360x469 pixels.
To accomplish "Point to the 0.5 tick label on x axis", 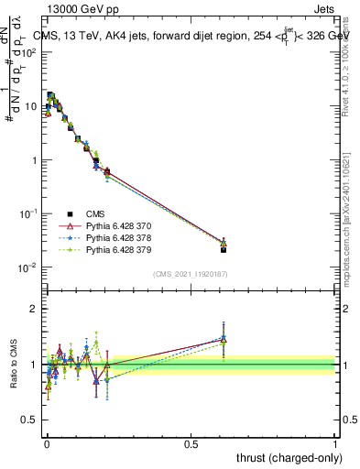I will pyautogui.click(x=191, y=443).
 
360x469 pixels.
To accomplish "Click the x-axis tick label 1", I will pyautogui.click(x=335, y=443).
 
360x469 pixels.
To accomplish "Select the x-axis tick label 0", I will pyautogui.click(x=47, y=443).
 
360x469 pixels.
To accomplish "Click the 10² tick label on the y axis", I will pyautogui.click(x=29, y=52).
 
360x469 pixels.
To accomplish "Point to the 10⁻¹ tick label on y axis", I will pyautogui.click(x=28, y=213).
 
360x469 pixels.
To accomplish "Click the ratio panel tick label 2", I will pyautogui.click(x=34, y=309).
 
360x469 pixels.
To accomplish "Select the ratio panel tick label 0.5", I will pyautogui.click(x=29, y=420).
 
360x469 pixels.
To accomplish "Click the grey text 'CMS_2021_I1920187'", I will pyautogui.click(x=191, y=274).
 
